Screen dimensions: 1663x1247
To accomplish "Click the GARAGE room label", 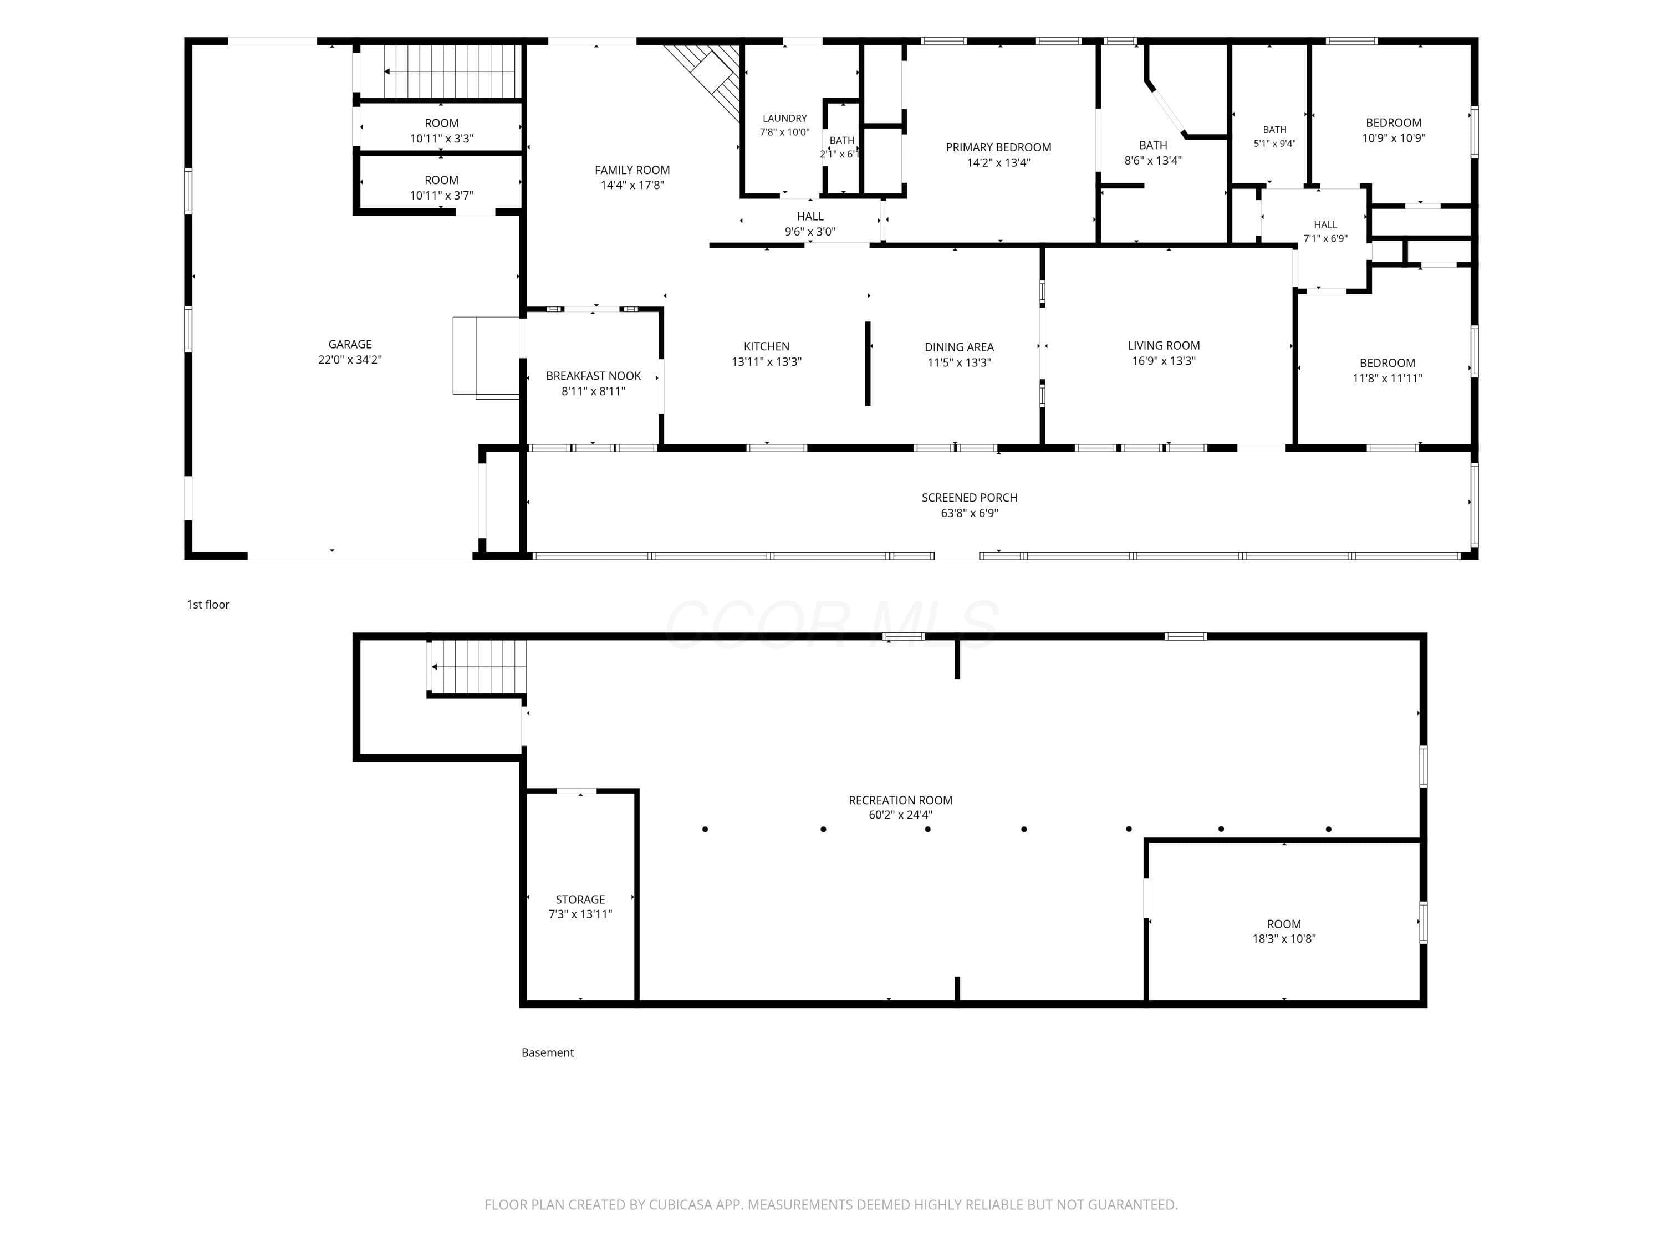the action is [x=350, y=344].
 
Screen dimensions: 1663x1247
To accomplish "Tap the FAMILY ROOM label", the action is [x=632, y=170].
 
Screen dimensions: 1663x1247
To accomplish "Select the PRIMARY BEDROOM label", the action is [x=998, y=147].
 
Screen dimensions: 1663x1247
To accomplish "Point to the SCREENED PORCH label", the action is [x=969, y=498].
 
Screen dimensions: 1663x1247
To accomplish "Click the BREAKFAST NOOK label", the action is [x=593, y=376].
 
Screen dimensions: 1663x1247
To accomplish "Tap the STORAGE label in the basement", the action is [x=580, y=900].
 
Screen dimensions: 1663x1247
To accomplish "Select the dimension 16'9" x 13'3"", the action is [x=1164, y=361].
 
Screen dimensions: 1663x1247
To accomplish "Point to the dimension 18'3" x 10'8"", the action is [x=1284, y=939].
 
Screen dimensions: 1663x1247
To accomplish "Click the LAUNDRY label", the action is [x=785, y=119].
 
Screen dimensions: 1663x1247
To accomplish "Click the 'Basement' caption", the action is [x=547, y=1052].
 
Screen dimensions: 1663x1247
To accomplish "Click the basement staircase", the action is [x=477, y=667].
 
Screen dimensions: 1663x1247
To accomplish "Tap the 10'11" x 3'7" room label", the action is [x=441, y=188].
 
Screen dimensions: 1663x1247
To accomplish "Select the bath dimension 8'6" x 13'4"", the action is [x=1152, y=161].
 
